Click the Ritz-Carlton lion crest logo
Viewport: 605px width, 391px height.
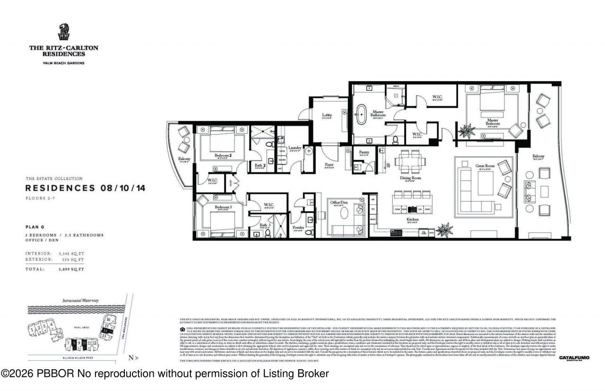coord(63,33)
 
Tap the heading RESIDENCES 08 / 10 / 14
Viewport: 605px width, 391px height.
coord(85,188)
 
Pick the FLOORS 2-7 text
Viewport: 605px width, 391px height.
coord(38,198)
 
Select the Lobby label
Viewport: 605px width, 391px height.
coord(327,115)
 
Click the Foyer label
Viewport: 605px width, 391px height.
coord(329,165)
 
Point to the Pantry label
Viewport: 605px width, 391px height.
coord(364,153)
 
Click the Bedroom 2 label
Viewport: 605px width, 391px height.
coord(223,155)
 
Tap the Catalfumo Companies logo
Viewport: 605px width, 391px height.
coord(574,358)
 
